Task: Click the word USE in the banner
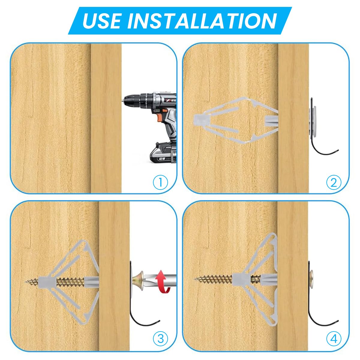click(102, 21)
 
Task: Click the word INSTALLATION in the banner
click(202, 21)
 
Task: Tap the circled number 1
click(160, 182)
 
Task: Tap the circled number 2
click(334, 182)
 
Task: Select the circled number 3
click(160, 338)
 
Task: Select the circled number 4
click(334, 338)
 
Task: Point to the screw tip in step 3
click(26, 281)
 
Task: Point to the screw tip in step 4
click(196, 280)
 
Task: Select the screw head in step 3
click(138, 282)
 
